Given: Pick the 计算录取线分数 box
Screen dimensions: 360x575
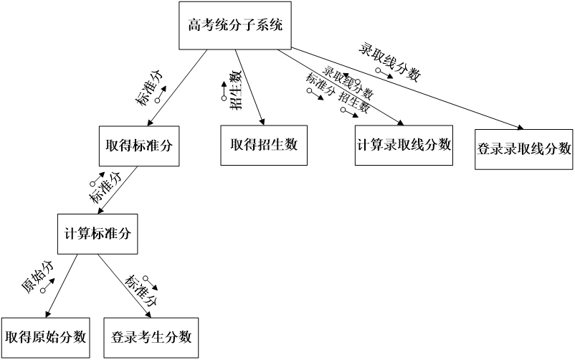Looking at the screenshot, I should click(x=404, y=144).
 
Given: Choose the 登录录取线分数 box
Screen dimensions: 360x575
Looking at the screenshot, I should click(x=523, y=148).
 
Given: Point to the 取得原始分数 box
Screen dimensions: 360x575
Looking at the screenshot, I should click(x=45, y=336).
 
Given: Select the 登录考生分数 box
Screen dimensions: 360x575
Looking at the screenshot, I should click(x=151, y=336).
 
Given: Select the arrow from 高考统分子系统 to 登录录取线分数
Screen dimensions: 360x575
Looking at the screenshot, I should click(x=401, y=90).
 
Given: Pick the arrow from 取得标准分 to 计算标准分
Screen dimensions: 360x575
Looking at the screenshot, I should click(x=116, y=190).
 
